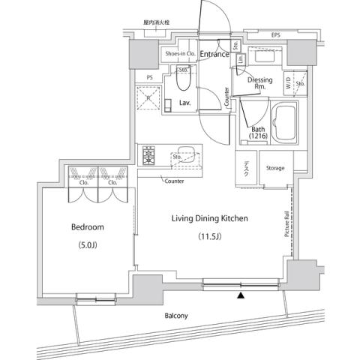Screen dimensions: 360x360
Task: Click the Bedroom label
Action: coord(88,226)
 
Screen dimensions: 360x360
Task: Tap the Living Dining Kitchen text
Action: coord(209,218)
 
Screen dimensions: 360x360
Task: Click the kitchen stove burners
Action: coord(148,157)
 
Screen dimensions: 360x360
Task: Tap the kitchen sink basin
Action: coord(184,158)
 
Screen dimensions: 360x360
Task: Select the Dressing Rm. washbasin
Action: coord(264,58)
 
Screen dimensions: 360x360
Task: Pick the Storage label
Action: coord(275,168)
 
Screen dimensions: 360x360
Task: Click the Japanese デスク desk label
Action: coord(247,169)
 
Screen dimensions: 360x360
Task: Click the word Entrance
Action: coord(214,54)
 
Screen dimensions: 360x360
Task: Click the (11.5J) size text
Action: coord(210,238)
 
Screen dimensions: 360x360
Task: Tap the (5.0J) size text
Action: coord(88,246)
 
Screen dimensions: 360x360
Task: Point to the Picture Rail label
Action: coord(286,224)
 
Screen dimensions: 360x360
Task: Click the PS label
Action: coord(150,76)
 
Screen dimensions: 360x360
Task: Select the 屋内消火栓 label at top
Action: coord(156,23)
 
